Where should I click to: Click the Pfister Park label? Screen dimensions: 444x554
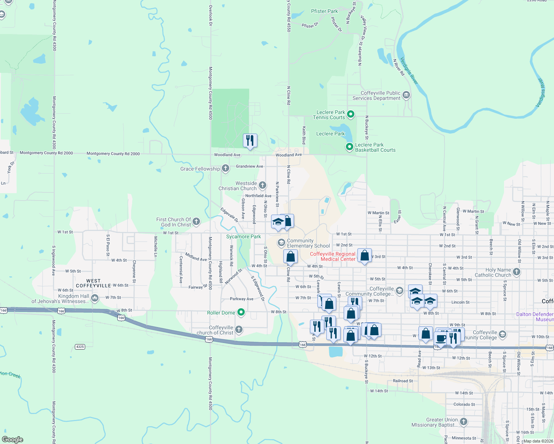tap(324, 11)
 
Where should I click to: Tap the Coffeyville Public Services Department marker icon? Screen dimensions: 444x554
tap(406, 95)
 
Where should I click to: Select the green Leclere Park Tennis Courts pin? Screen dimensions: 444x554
tap(350, 114)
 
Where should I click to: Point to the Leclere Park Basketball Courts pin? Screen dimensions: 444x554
tap(349, 147)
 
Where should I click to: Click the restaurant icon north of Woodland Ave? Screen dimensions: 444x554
tap(250, 141)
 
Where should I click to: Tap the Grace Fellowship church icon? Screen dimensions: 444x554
tap(225, 169)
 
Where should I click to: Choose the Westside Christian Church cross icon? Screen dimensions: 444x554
tap(262, 185)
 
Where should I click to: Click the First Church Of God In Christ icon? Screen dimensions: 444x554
tap(196, 222)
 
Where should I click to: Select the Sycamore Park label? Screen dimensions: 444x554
tap(243, 236)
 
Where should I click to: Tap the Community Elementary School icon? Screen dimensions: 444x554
tap(281, 243)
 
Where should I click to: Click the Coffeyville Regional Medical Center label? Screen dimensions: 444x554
tap(333, 256)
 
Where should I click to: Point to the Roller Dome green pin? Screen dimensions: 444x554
tap(241, 312)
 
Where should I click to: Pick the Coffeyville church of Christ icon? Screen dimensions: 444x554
tap(239, 329)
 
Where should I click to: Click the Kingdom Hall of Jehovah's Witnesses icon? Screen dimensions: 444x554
tap(95, 298)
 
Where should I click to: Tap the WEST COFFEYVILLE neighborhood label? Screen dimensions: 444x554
tap(93, 283)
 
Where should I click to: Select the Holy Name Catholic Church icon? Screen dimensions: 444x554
tap(517, 272)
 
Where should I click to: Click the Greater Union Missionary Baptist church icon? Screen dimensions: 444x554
tap(463, 422)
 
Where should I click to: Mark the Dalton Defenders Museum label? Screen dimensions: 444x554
tap(535, 317)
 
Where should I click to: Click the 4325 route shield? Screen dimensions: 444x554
tap(80, 347)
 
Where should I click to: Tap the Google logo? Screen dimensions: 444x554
tap(12, 440)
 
